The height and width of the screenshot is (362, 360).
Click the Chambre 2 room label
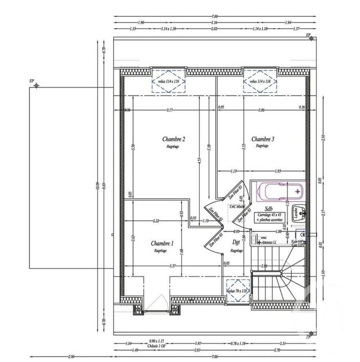coord(174,139)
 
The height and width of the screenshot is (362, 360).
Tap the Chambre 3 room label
coord(263,139)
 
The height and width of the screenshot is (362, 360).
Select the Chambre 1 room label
coord(162,243)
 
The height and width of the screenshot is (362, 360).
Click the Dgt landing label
coord(236,243)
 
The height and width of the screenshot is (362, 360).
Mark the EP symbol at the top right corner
coord(309,35)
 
